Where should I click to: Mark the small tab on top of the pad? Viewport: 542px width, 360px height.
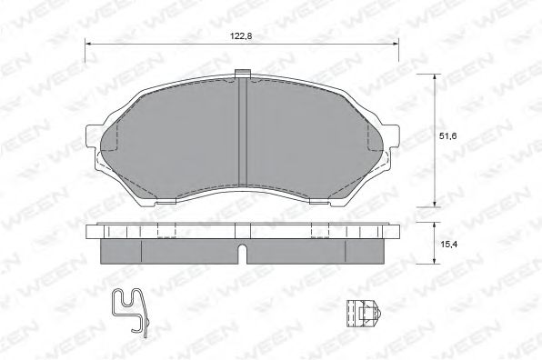click(x=242, y=75)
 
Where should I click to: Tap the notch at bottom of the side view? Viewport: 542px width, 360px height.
click(x=242, y=252)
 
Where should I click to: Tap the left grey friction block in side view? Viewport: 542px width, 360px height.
click(x=168, y=251)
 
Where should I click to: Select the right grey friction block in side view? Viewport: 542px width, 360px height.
click(x=314, y=251)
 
